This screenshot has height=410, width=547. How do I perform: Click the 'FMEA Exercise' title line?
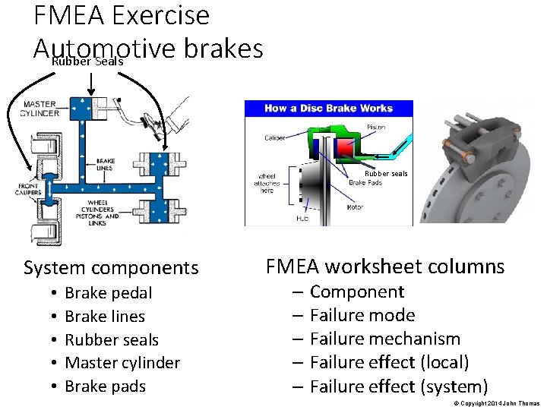click(122, 15)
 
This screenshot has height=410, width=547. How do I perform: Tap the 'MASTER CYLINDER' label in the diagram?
click(40, 109)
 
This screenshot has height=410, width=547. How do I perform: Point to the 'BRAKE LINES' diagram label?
click(106, 165)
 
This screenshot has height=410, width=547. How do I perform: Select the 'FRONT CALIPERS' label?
click(28, 189)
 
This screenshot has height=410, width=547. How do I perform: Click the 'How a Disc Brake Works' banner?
click(328, 109)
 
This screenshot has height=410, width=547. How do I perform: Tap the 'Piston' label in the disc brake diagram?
click(375, 127)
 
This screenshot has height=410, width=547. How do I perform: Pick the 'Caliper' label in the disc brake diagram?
click(275, 137)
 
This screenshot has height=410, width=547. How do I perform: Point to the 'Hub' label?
click(302, 219)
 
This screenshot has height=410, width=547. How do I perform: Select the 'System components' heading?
click(111, 268)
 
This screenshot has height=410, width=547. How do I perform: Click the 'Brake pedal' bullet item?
click(108, 293)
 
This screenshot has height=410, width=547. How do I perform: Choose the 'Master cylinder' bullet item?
click(122, 363)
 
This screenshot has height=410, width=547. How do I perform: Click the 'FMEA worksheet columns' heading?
click(384, 266)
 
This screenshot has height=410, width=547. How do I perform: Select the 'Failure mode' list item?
click(362, 315)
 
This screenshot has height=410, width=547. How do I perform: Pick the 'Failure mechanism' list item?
click(384, 339)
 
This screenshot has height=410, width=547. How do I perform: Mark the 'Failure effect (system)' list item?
click(398, 386)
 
